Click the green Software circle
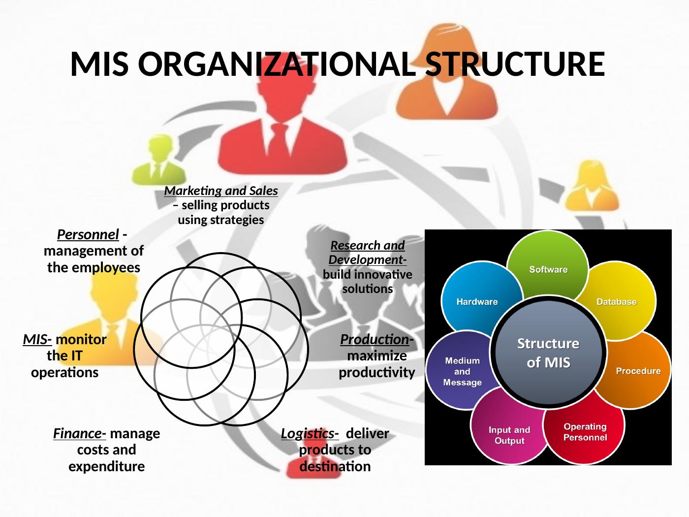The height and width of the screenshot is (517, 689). point(548,261)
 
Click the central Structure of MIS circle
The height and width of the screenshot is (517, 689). point(548,352)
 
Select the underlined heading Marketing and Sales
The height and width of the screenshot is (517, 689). point(221,191)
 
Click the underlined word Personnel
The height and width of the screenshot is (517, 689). point(88,234)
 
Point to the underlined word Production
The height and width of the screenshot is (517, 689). point(375,340)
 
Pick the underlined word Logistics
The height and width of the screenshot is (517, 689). point(309,433)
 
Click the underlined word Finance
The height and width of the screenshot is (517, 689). point(79,433)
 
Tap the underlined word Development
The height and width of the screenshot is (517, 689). point(367,259)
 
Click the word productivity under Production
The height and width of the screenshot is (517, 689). point(376,372)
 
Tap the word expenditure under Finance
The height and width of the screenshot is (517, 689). point(106,466)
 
